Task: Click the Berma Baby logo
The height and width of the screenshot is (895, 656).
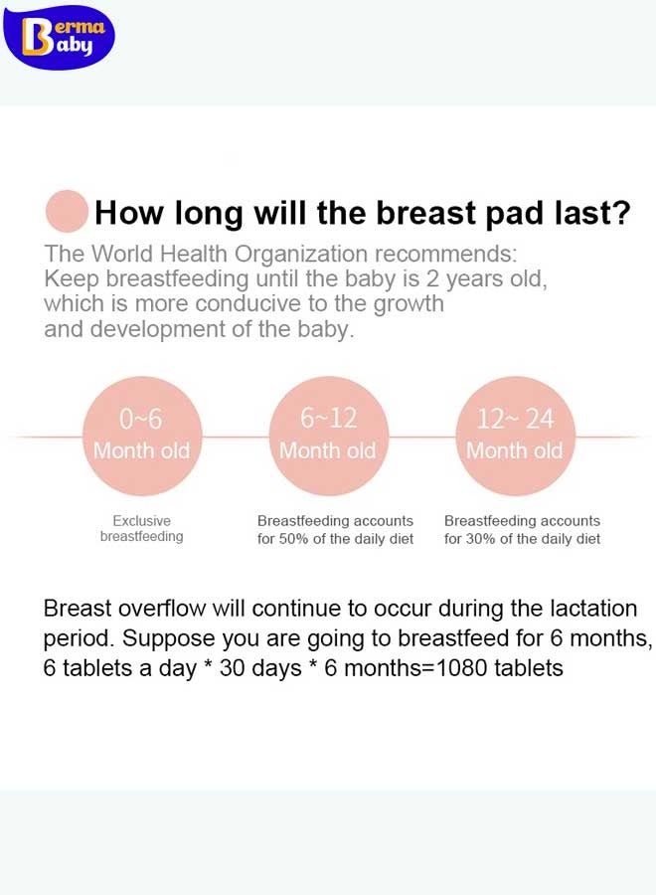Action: coord(59,37)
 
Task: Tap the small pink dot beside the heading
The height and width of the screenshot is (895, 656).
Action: coord(68,211)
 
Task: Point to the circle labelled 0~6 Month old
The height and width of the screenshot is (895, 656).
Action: coord(142,437)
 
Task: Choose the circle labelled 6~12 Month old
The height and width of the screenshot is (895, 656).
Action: coord(329,437)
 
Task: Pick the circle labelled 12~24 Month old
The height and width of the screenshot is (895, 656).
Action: coord(515,437)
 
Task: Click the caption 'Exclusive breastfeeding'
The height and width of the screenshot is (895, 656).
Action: coord(141,529)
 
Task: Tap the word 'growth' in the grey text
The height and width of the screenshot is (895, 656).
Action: coord(409,304)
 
